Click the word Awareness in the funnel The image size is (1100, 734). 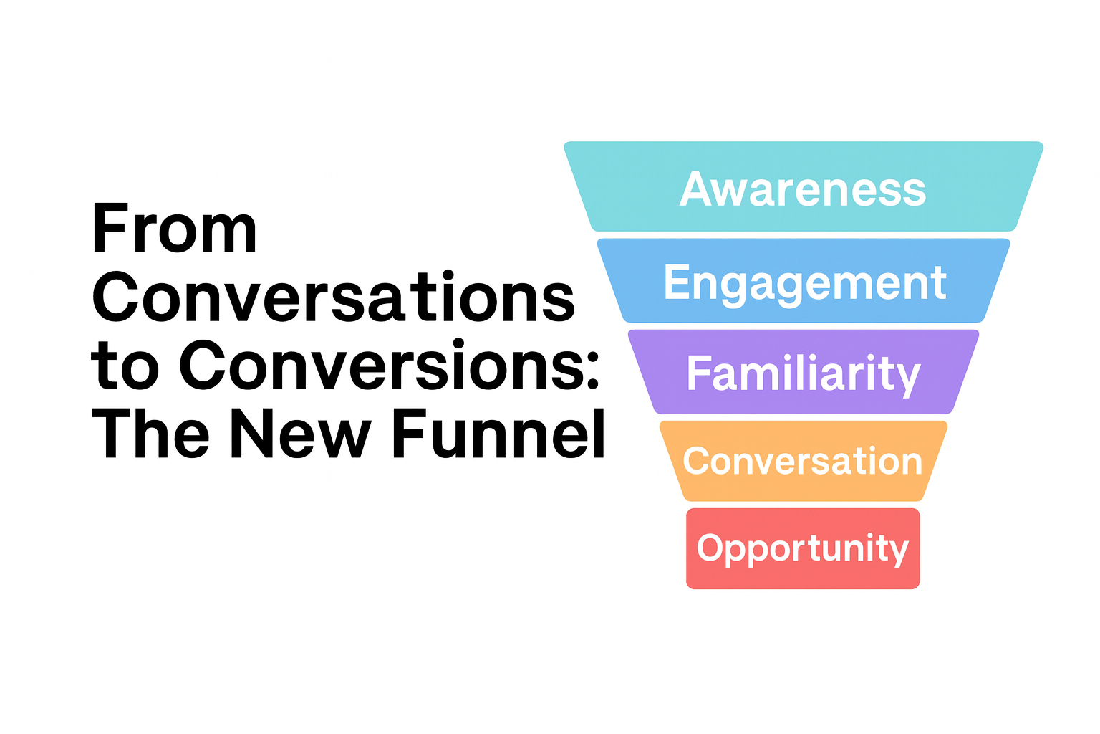(x=802, y=189)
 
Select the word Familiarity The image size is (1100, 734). (x=804, y=375)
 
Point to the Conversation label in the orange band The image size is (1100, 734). (x=802, y=461)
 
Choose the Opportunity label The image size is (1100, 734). (x=802, y=549)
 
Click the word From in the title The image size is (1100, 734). (x=174, y=228)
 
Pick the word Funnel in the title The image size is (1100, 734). (x=498, y=433)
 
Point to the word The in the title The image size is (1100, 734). (x=150, y=433)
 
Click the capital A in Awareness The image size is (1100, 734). (x=695, y=189)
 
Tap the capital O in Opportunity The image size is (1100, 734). (x=712, y=547)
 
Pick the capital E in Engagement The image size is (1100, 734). (x=676, y=282)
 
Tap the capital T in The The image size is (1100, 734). (x=114, y=433)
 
